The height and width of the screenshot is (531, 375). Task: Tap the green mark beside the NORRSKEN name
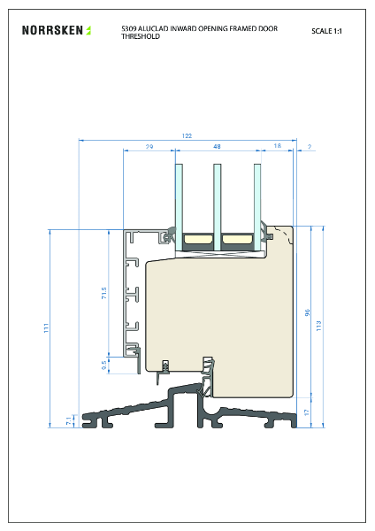88,30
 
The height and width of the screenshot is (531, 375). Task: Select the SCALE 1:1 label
328,31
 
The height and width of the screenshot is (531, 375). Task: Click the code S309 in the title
128,28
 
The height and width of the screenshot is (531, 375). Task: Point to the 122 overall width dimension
187,136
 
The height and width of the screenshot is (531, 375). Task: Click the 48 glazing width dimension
217,145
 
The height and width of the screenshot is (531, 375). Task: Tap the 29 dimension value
149,145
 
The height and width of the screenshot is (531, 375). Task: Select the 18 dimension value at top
277,145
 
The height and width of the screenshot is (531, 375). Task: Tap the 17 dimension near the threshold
308,412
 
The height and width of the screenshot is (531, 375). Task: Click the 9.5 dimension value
103,364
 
